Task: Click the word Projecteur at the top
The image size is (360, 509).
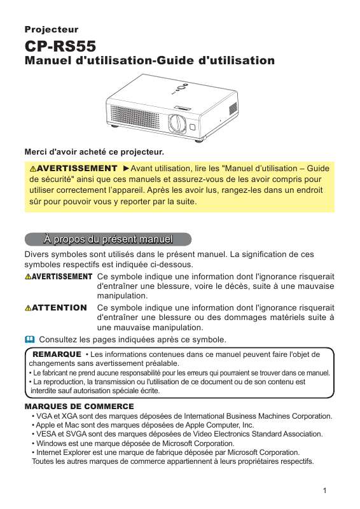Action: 51,29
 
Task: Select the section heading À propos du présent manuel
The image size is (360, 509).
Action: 107,240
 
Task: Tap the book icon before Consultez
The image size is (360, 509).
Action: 29,339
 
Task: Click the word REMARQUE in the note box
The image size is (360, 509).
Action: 56,353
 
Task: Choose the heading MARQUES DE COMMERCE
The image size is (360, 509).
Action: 79,406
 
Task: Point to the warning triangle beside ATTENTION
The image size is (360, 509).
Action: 28,308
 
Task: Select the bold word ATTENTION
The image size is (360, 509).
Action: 59,308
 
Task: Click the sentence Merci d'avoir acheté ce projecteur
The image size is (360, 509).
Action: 93,152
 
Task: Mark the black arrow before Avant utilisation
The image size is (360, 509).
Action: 125,169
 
